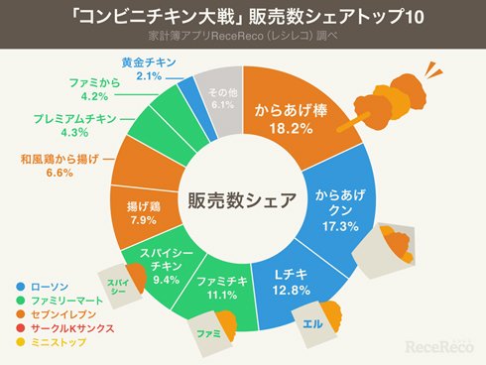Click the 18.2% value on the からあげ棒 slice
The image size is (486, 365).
tap(291, 129)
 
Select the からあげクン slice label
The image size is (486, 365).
tap(340, 202)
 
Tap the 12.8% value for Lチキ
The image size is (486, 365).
tap(292, 291)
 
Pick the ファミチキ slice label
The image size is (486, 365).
tap(222, 281)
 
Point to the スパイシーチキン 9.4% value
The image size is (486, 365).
tap(166, 280)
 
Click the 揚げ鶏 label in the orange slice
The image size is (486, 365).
tap(144, 206)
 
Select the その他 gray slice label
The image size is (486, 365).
tap(223, 92)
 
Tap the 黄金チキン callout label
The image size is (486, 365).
tap(149, 62)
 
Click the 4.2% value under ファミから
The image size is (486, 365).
tap(94, 96)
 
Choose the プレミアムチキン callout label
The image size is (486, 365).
tap(75, 119)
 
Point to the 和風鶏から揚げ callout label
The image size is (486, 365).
tap(60, 159)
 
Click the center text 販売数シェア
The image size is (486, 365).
tap(242, 200)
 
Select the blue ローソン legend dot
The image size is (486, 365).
tap(21, 287)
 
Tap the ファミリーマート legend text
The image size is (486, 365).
tap(67, 301)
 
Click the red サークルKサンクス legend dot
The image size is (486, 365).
tap(21, 328)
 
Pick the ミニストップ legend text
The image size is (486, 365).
tap(59, 342)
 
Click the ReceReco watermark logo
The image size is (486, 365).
tap(439, 346)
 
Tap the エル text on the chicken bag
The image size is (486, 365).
tap(312, 324)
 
